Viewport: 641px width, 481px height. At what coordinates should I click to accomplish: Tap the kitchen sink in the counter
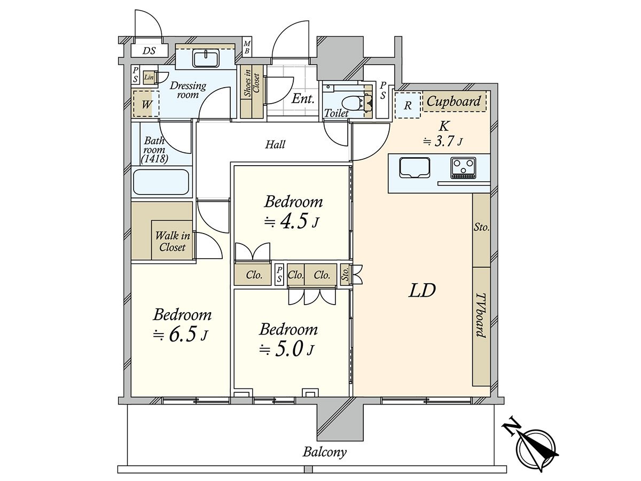click(x=415, y=168)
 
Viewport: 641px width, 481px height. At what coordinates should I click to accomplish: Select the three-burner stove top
click(x=463, y=168)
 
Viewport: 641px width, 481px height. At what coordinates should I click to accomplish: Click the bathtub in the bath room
click(x=161, y=182)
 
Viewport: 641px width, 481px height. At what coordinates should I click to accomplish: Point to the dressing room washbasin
click(x=206, y=58)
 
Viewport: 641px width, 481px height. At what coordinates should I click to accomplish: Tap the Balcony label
click(x=324, y=452)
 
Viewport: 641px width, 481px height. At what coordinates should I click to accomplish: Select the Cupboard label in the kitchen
click(x=454, y=101)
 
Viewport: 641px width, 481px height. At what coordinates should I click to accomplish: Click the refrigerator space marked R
click(x=408, y=105)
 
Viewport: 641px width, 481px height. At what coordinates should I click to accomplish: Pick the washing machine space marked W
click(x=146, y=104)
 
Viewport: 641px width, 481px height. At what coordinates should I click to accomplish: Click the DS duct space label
click(x=149, y=51)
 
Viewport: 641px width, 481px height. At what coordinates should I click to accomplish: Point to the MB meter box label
click(x=247, y=48)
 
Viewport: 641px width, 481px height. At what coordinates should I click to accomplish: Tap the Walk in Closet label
click(x=173, y=241)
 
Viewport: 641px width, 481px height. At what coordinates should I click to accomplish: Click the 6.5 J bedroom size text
click(x=181, y=335)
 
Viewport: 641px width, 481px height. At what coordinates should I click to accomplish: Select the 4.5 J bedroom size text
click(x=291, y=222)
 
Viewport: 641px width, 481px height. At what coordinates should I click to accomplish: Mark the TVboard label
click(x=481, y=316)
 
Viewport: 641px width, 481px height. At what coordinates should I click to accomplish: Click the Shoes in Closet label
click(x=252, y=83)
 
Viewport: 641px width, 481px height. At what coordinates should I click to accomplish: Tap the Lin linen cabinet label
click(x=149, y=77)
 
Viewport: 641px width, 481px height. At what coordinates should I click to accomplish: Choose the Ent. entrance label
click(x=303, y=99)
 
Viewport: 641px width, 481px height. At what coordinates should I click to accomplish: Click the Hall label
click(x=275, y=144)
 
